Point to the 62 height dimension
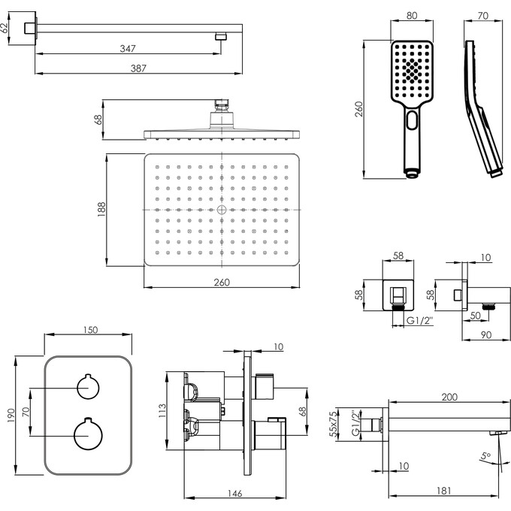[5, 29]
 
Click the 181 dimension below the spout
[444, 492]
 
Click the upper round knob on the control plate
[88, 387]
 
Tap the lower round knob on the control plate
[88, 434]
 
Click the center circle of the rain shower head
[222, 210]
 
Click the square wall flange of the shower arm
[31, 28]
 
